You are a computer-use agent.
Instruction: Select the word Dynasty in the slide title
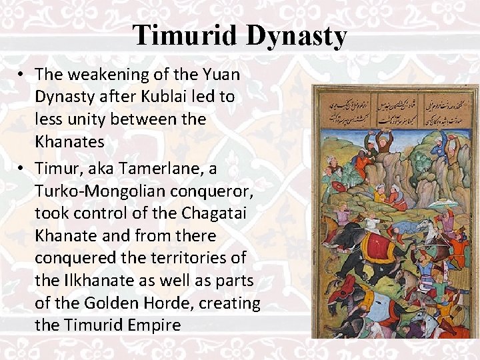click(x=297, y=35)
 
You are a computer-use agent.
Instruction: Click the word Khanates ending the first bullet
click(x=69, y=142)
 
